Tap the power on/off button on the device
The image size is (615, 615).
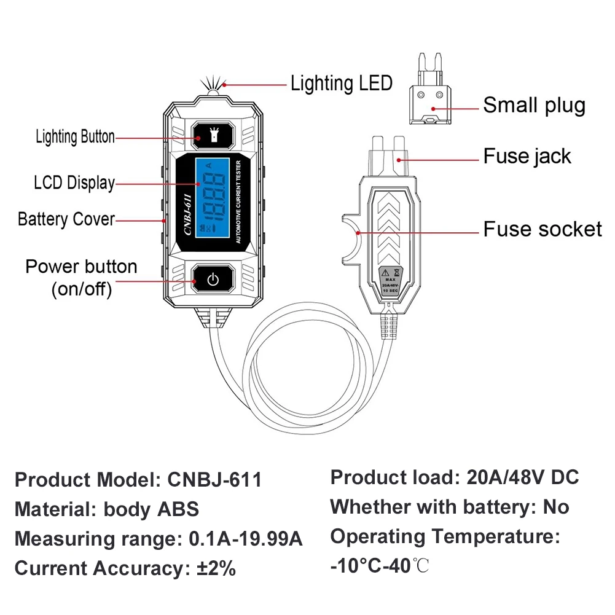coord(213,280)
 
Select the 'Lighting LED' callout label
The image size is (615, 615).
coord(342,83)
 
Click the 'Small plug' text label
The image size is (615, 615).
coord(534,105)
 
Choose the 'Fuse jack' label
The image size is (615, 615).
coord(527,156)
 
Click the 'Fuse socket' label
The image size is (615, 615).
coord(543,229)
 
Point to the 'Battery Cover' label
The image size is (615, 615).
coord(66,219)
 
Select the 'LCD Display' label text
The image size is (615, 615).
coord(74,182)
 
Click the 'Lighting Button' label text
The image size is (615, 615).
coord(75,137)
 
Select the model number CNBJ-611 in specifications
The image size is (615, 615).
coord(215,479)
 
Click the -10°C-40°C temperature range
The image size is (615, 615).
coord(379,566)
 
